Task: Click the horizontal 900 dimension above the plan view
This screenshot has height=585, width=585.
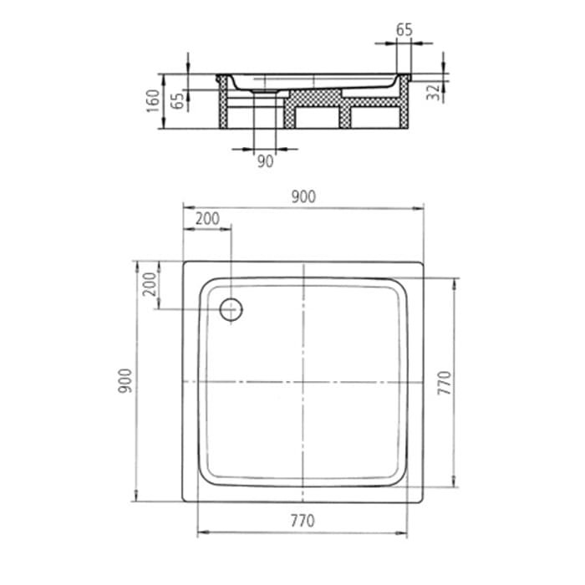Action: coord(303,196)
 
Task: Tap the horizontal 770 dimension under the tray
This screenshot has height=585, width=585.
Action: coord(302,521)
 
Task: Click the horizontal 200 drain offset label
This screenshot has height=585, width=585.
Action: coord(207,219)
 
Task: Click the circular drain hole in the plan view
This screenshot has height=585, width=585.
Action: coord(230,310)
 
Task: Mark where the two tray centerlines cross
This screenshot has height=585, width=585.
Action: coord(303,383)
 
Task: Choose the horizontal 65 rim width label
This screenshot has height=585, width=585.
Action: coord(404,30)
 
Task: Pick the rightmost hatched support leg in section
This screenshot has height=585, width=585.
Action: coord(404,104)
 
